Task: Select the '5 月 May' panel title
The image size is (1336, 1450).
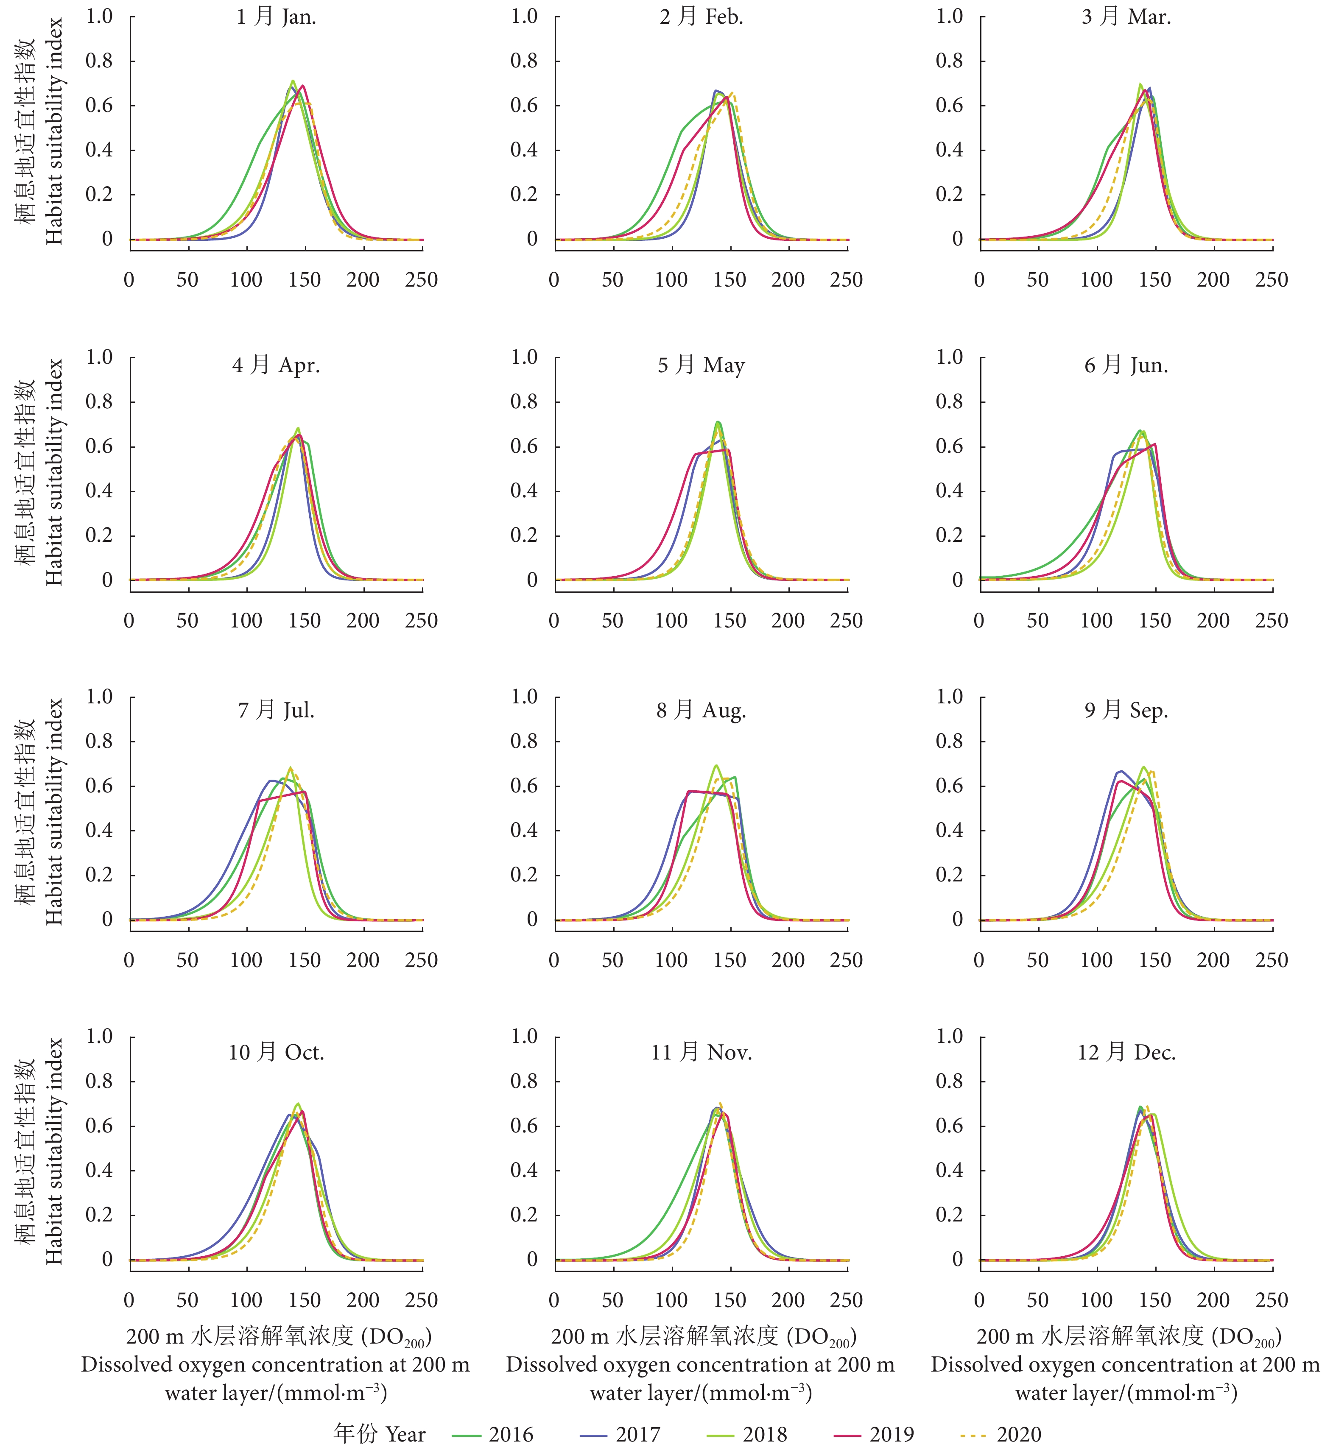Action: (x=701, y=365)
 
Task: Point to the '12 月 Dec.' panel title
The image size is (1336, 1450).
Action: (x=1126, y=1052)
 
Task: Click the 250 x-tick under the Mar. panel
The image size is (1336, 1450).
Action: (x=1272, y=280)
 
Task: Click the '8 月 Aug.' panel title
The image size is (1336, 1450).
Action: (x=701, y=711)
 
